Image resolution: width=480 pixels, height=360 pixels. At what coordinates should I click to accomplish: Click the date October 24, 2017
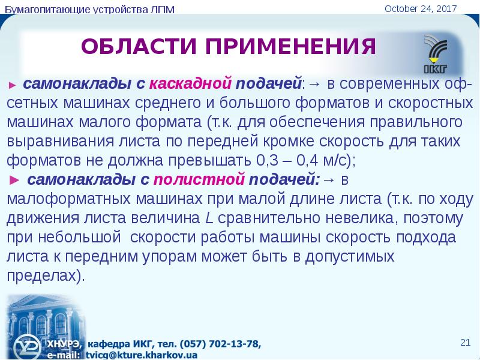(x=421, y=8)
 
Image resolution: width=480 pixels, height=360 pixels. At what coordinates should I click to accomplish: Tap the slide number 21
(x=465, y=342)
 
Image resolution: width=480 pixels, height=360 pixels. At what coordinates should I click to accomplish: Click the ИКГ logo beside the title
(x=436, y=54)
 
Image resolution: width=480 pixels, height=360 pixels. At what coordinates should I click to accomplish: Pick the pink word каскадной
(x=190, y=83)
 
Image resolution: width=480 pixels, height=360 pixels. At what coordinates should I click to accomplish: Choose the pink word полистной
(x=199, y=179)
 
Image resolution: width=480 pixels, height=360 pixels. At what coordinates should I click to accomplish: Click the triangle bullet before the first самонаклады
(x=12, y=85)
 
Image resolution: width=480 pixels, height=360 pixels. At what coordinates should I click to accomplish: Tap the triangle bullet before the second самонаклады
(x=14, y=181)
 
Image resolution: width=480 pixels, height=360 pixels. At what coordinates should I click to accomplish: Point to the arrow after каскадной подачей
(x=314, y=84)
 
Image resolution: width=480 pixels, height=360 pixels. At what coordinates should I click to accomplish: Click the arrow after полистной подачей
(x=328, y=180)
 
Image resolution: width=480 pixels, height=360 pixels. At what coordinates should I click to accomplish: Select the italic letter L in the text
(x=209, y=218)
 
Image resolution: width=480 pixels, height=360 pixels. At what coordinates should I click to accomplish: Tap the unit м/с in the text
(x=335, y=160)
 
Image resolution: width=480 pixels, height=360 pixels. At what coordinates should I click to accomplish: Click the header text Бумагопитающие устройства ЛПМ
(x=89, y=10)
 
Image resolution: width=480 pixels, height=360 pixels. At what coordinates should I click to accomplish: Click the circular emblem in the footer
(x=28, y=347)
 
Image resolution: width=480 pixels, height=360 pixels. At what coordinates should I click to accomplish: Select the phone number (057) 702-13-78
(x=220, y=344)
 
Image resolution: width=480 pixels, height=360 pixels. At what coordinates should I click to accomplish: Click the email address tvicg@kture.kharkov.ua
(x=141, y=355)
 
